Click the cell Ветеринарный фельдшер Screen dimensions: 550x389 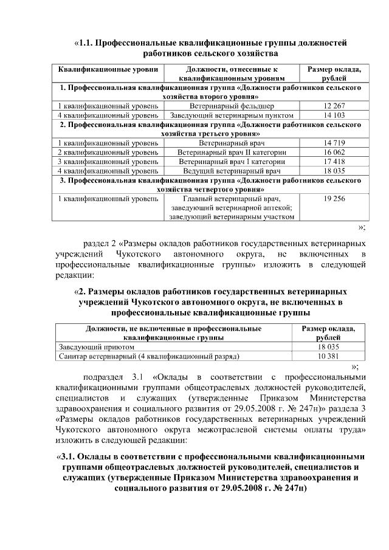coord(232,106)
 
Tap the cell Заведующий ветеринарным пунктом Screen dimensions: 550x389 coord(232,115)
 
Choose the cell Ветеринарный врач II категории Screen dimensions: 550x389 coord(232,153)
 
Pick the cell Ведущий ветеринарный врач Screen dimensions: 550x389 coord(232,171)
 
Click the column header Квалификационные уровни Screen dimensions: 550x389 coord(108,70)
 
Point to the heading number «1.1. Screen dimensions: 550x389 coord(88,43)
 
